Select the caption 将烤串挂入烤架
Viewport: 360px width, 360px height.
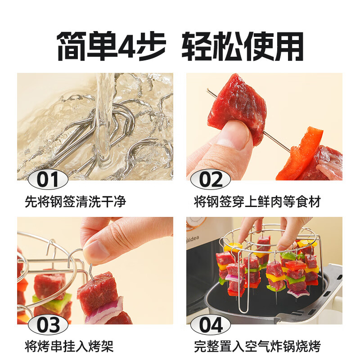(69, 346)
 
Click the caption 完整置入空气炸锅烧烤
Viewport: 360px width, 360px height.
(257, 346)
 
